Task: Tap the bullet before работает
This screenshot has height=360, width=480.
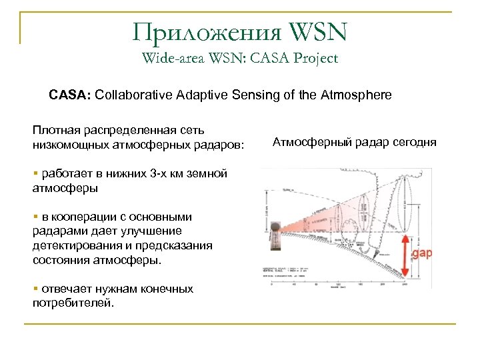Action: click(35, 173)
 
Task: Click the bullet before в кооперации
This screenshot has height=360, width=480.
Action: click(35, 216)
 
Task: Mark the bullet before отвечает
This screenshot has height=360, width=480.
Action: click(35, 289)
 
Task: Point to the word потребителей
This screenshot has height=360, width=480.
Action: click(73, 303)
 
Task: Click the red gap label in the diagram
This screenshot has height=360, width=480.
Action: click(422, 255)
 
